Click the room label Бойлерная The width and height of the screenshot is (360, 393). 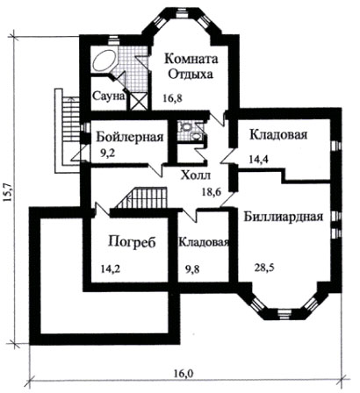point(130,137)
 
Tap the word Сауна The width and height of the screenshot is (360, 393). point(109,96)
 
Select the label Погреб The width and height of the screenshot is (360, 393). point(132,243)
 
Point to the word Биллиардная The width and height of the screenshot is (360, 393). point(284,218)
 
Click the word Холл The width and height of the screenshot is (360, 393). point(196,175)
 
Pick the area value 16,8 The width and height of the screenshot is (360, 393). point(173,98)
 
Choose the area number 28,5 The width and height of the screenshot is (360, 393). point(264,268)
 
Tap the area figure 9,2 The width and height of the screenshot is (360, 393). point(108,154)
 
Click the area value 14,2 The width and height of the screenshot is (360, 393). point(111,268)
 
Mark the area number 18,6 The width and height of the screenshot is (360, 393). point(212,192)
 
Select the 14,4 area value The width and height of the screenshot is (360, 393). point(259,160)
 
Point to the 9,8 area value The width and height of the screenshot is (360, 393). point(193,268)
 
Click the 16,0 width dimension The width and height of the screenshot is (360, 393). point(184,374)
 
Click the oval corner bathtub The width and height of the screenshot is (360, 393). point(104,61)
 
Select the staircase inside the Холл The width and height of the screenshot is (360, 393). point(141,197)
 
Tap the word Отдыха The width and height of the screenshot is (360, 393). point(191,75)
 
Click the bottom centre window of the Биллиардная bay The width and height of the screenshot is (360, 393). point(284,313)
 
